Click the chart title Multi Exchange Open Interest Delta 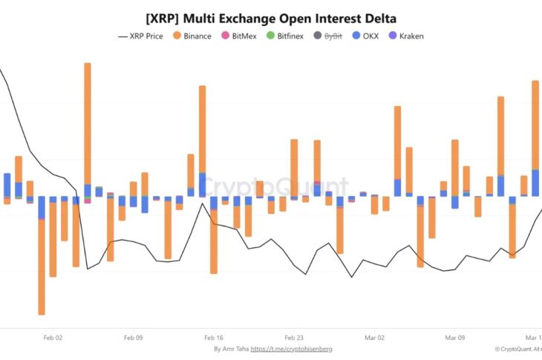click(x=271, y=19)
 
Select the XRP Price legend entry click(x=146, y=36)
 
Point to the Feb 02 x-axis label click(x=53, y=337)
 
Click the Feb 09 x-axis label click(x=133, y=337)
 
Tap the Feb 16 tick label click(x=214, y=337)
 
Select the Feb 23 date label click(x=294, y=337)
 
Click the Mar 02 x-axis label click(x=375, y=337)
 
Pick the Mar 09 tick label click(x=455, y=337)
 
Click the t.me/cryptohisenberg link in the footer click(x=291, y=349)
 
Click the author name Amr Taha click(x=235, y=349)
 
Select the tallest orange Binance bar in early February click(x=88, y=122)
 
